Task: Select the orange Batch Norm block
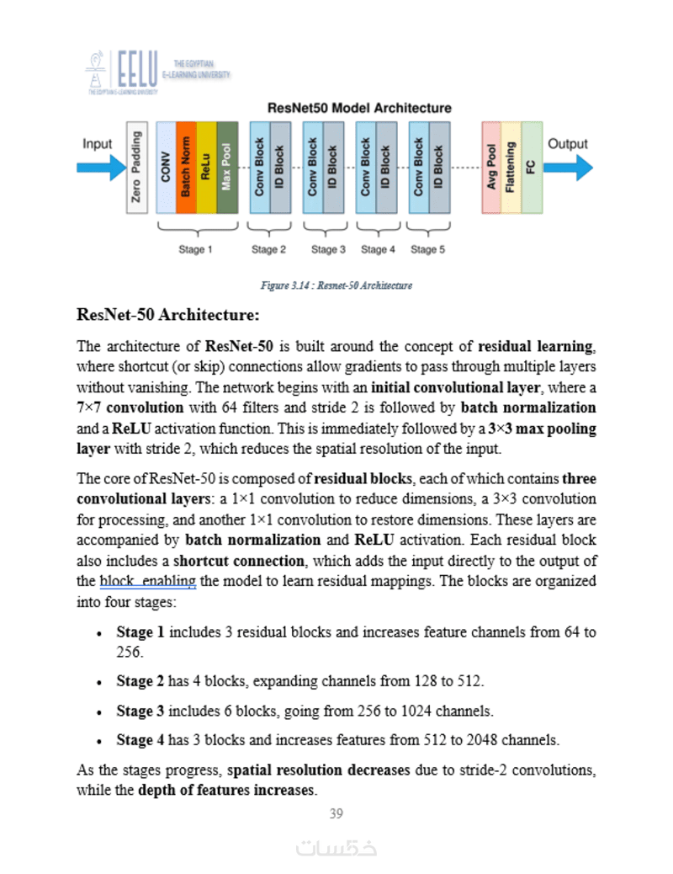(x=186, y=167)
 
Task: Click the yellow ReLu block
(x=206, y=167)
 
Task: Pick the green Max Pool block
(x=226, y=167)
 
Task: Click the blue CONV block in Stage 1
(x=166, y=167)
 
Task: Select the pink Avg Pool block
(x=491, y=167)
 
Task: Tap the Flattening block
(x=511, y=167)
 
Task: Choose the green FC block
(x=532, y=167)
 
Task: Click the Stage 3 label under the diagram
(x=328, y=249)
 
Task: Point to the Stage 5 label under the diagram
(x=428, y=249)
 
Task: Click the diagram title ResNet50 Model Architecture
(x=359, y=108)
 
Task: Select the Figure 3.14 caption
(x=336, y=285)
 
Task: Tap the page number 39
(x=336, y=813)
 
